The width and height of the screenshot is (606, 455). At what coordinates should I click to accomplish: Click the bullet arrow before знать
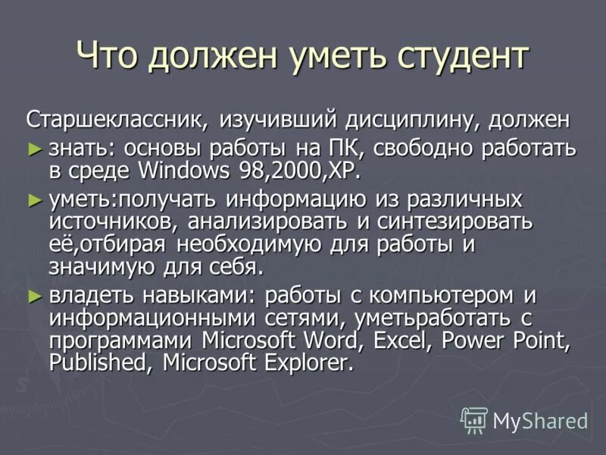coord(33,146)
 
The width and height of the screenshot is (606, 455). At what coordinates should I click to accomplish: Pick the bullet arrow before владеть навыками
coord(33,294)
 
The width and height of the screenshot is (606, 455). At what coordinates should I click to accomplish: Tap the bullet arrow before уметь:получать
coord(33,200)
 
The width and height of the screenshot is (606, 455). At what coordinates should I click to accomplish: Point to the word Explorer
coord(308,362)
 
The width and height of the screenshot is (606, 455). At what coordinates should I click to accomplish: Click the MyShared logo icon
coord(474,419)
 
